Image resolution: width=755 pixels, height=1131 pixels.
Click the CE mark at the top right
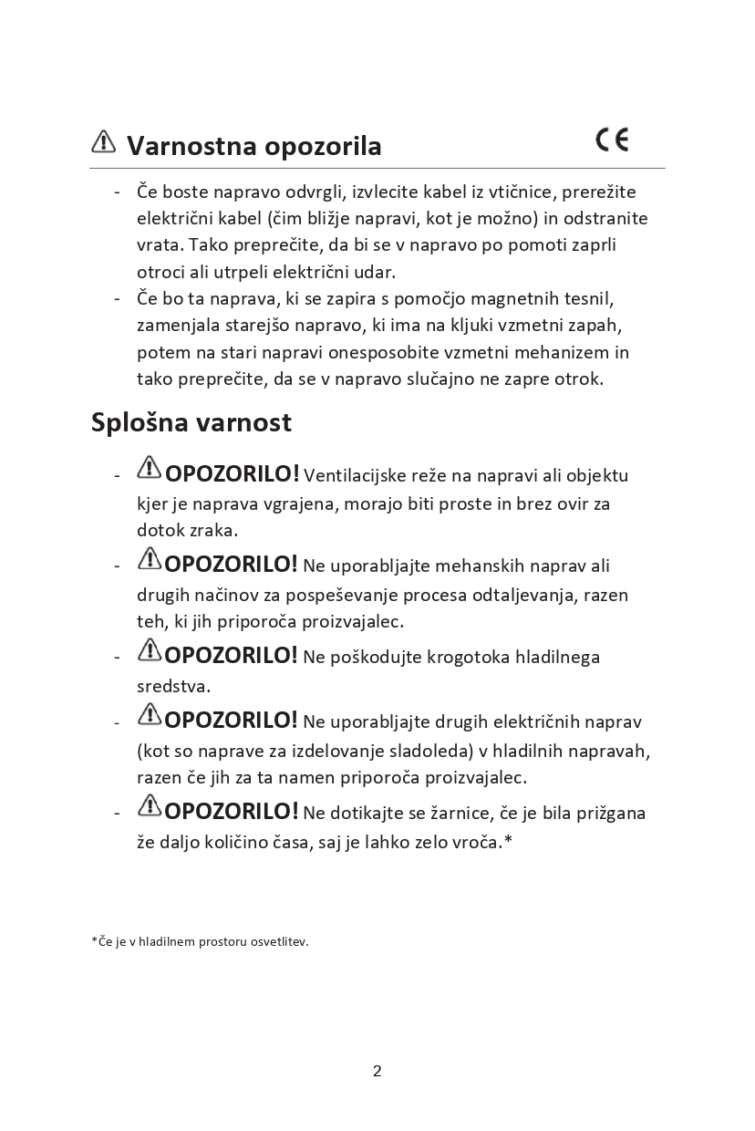(x=612, y=140)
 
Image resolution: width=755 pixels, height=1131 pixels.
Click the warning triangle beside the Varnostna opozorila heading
(x=104, y=141)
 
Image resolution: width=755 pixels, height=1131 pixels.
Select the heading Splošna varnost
(x=191, y=423)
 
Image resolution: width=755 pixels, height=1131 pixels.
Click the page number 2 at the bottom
(x=377, y=1071)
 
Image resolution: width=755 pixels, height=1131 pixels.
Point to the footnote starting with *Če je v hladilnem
(x=200, y=941)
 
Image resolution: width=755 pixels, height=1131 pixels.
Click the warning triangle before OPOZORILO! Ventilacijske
(x=149, y=469)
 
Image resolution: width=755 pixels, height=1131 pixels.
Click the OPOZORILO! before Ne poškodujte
(x=232, y=656)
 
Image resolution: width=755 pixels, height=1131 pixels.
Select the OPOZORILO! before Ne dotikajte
(x=232, y=812)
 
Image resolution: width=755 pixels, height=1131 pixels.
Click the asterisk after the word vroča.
(x=508, y=840)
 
